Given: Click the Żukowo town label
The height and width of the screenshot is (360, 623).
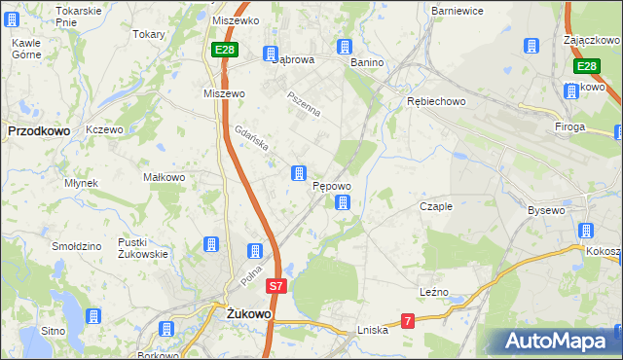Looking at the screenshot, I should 248,314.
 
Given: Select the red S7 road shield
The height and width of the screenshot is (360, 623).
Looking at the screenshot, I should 277,287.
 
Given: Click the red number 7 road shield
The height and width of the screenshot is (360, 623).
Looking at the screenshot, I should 408,320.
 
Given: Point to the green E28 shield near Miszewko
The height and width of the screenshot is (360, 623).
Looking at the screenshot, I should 224,50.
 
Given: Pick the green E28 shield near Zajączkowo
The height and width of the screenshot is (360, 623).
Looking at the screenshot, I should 585,66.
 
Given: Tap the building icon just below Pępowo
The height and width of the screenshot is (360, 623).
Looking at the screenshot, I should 343,203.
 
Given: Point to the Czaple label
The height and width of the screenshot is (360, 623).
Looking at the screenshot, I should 435,206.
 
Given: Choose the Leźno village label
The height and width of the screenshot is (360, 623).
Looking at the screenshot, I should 434,292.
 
